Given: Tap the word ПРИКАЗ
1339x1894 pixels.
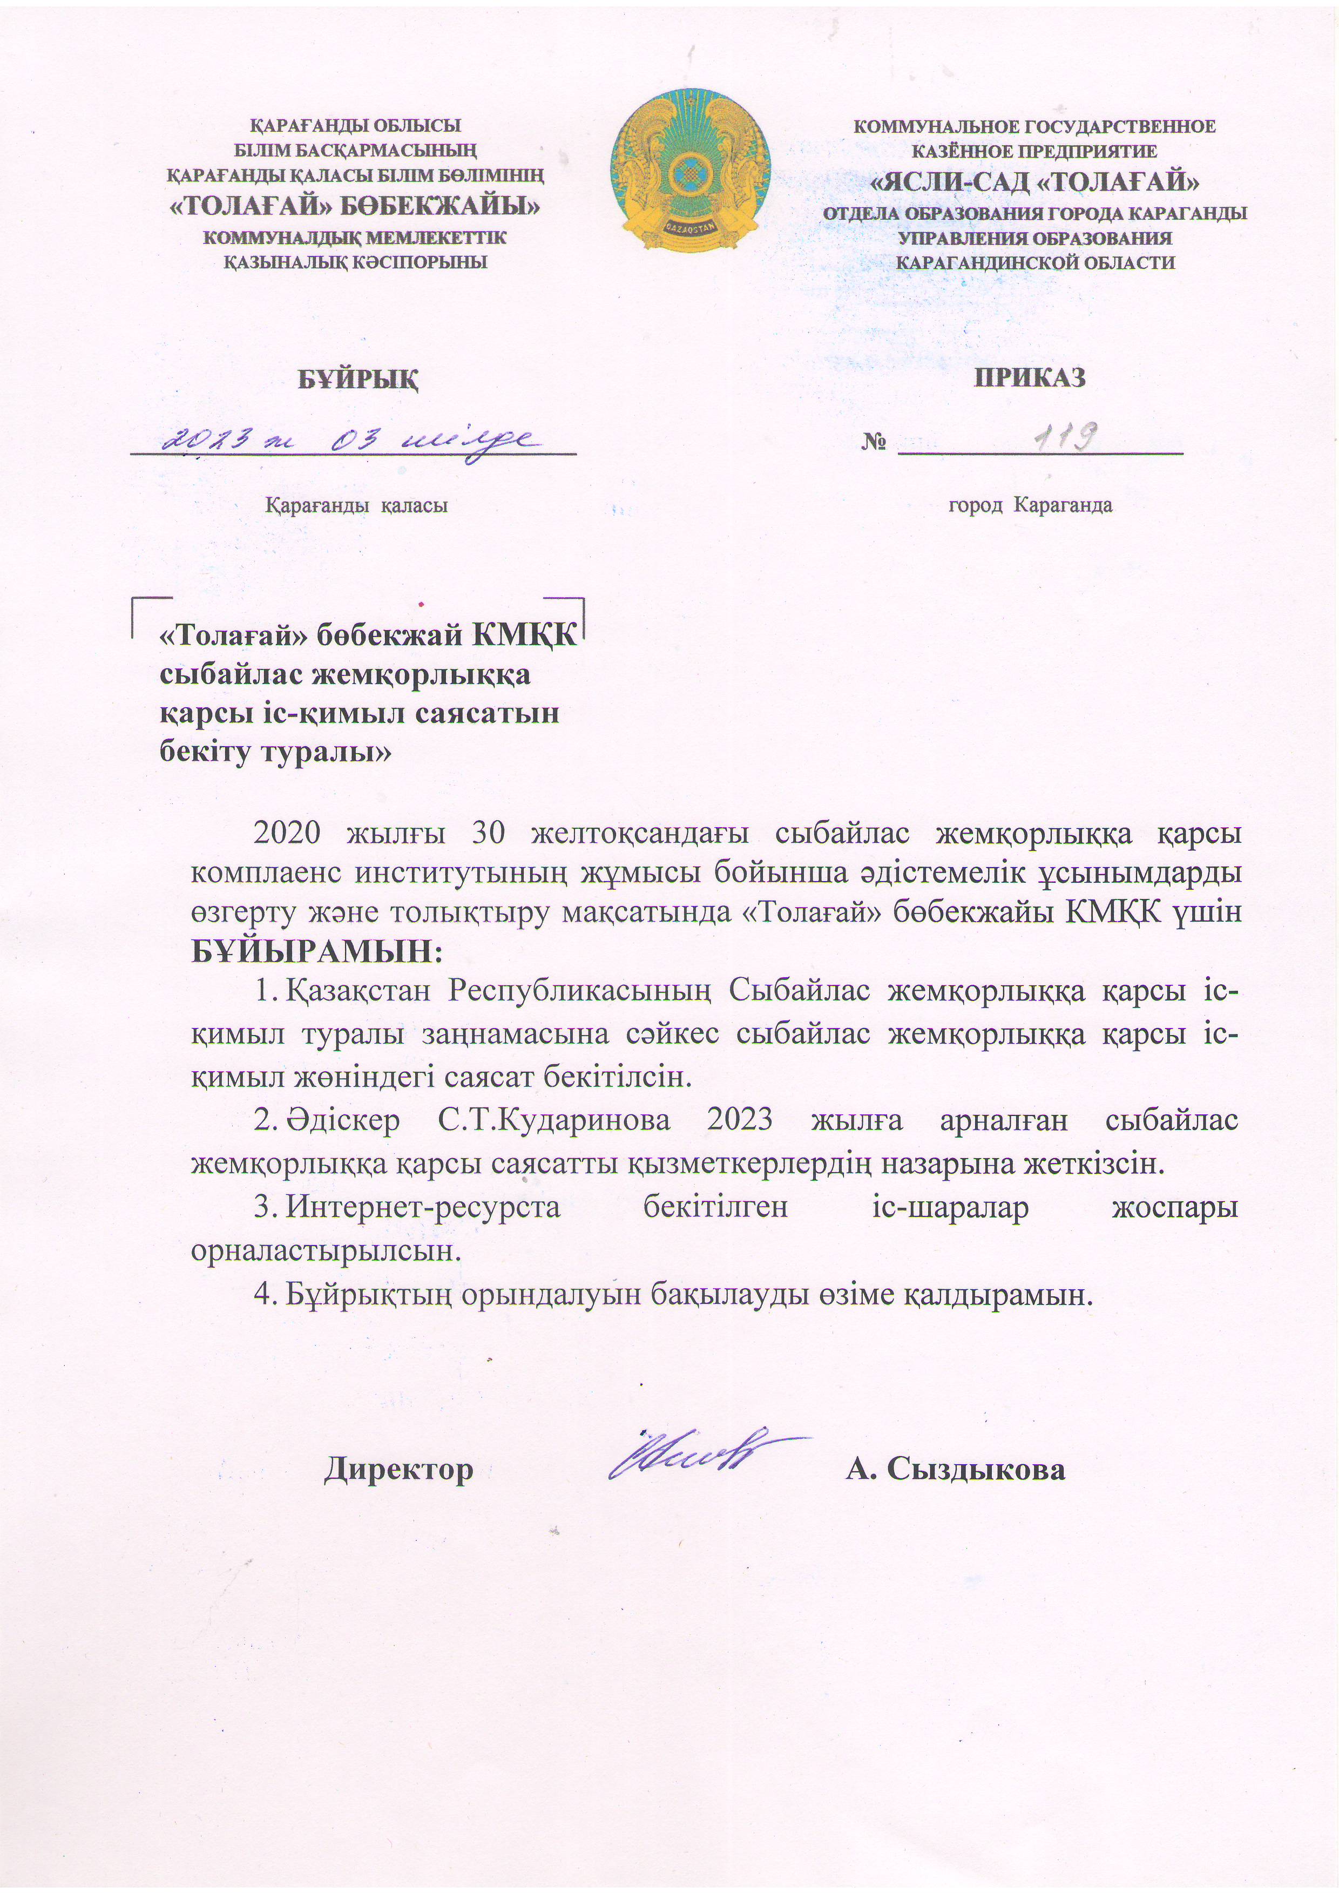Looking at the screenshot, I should [x=1030, y=377].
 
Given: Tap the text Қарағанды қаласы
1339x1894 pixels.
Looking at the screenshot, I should [x=356, y=505].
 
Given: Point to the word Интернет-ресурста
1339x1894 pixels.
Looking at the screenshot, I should [x=423, y=1208].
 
